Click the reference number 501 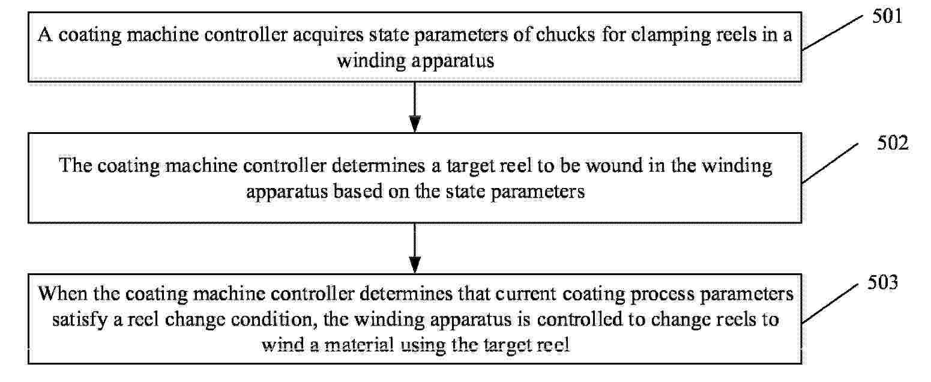[x=887, y=17]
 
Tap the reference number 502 [x=893, y=143]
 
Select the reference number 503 [x=882, y=282]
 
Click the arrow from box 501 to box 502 [x=415, y=108]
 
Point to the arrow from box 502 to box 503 [x=415, y=248]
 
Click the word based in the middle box [x=358, y=191]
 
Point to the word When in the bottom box [x=63, y=294]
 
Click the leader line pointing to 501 [x=833, y=33]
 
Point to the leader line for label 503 [x=830, y=304]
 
